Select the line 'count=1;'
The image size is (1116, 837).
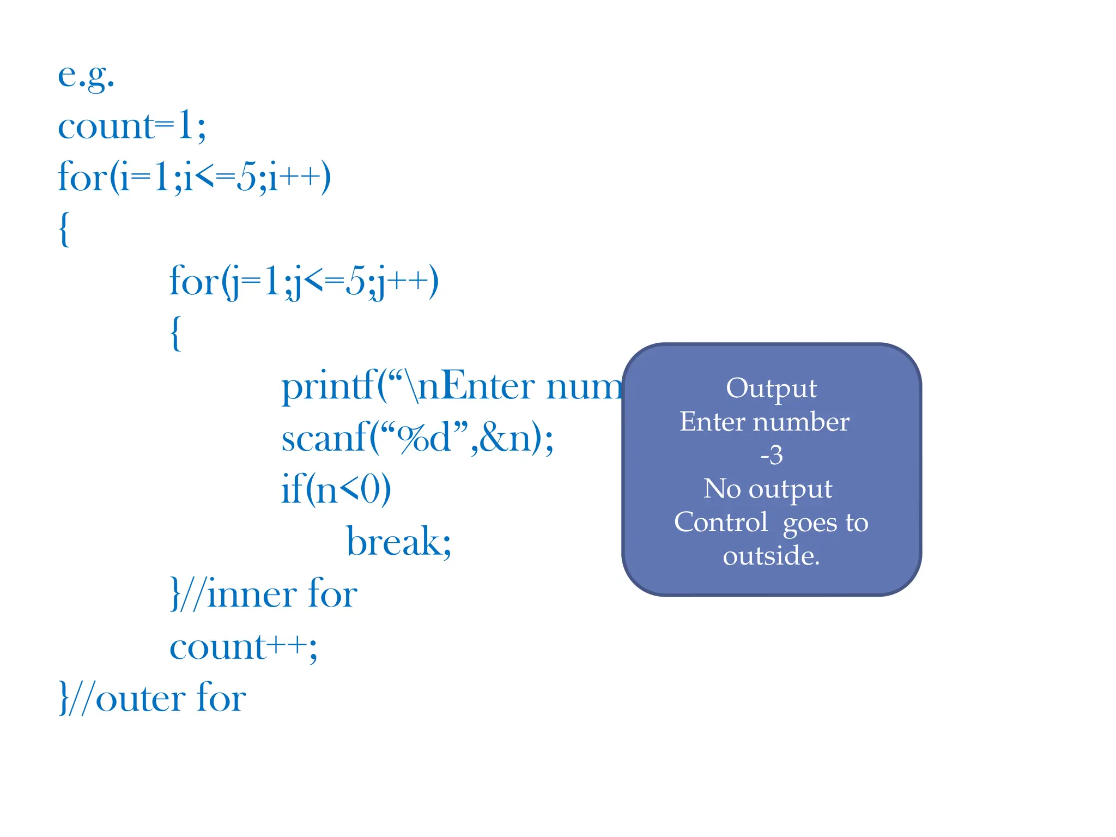(132, 126)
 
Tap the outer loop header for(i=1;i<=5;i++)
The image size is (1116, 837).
(194, 177)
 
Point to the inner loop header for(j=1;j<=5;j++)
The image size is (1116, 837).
(304, 282)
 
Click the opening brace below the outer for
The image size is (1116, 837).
(64, 229)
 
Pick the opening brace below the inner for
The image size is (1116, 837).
(175, 333)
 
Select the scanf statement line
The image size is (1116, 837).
(417, 438)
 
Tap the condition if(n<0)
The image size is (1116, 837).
(336, 489)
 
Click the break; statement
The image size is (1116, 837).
(399, 541)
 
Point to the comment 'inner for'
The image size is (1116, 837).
(282, 593)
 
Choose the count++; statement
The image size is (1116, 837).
(243, 647)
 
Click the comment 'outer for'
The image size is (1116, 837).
(171, 698)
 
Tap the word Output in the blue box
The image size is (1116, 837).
(771, 389)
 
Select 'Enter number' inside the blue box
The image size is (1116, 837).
(764, 422)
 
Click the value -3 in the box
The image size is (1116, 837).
(771, 455)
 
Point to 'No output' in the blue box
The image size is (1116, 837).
(768, 489)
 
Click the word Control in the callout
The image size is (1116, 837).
(720, 522)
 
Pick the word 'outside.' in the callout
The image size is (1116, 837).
(771, 556)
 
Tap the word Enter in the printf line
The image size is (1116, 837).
(489, 386)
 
